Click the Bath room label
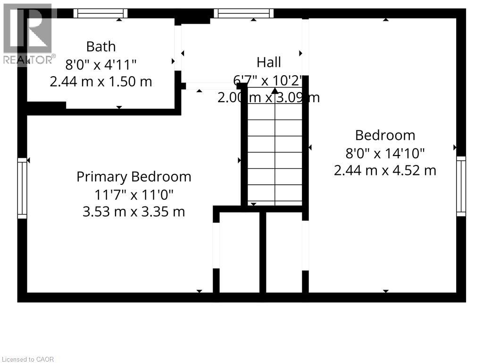click(101, 47)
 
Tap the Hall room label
click(269, 62)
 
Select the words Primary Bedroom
click(134, 177)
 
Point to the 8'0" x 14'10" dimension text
click(385, 153)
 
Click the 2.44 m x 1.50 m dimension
click(101, 82)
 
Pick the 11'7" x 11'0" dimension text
click(134, 194)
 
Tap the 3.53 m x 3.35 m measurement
click(134, 211)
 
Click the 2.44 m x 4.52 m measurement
click(385, 170)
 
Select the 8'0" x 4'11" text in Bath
click(101, 64)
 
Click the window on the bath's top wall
click(100, 13)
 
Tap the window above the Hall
click(243, 13)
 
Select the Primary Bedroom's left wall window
click(22, 188)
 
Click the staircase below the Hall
click(275, 151)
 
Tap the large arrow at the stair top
click(275, 90)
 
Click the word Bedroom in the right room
click(385, 136)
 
